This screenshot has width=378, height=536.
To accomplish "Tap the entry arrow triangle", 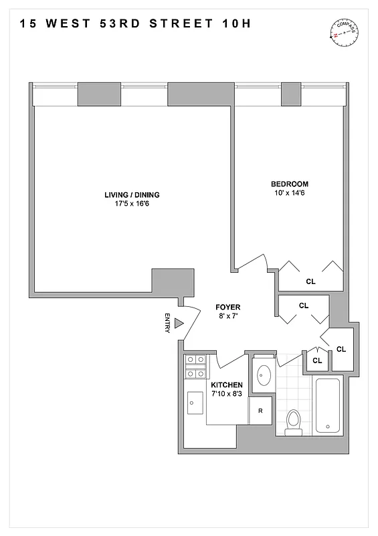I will point(179,323).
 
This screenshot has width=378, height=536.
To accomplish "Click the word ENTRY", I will point(167,323).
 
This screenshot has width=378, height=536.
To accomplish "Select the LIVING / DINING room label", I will point(132,195).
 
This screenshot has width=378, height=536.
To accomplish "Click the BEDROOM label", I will point(289,184).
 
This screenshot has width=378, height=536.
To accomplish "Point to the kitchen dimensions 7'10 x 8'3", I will point(227,394).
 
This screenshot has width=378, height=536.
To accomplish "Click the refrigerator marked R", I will point(260,411).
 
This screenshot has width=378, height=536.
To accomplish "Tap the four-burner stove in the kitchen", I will point(195,366).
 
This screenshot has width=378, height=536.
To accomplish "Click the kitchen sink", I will point(195,403).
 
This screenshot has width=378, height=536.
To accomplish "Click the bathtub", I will point(326,406).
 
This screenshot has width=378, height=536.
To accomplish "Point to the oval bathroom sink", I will point(261,375).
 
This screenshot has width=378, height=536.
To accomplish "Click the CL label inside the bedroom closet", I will point(310,282).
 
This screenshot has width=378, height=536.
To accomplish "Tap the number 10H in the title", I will point(239,25).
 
